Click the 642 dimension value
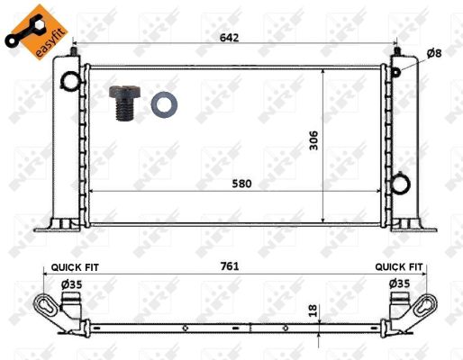coord(229,38)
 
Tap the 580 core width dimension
coord(241,184)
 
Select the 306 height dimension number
coord(313,140)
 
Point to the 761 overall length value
coord(230,265)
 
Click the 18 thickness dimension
coord(313,310)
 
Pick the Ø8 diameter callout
coord(434,53)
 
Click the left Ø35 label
coord(71,284)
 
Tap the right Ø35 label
coord(399,283)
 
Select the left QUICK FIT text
coord(75,267)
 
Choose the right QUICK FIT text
coord(399,266)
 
